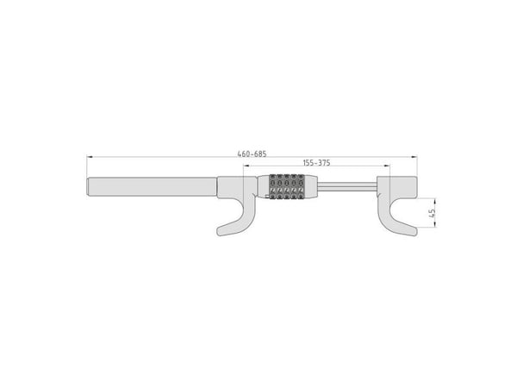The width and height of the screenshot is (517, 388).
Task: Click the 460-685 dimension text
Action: pyautogui.click(x=252, y=153)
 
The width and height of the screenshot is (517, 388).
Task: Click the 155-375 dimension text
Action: pyautogui.click(x=316, y=163)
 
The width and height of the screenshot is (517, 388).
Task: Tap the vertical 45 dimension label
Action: pyautogui.click(x=433, y=213)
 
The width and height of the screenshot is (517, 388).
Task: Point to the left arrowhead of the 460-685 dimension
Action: pyautogui.click(x=89, y=157)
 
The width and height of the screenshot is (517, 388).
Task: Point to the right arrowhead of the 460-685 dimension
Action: pyautogui.click(x=414, y=157)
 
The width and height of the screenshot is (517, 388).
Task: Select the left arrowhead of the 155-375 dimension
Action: pyautogui.click(x=246, y=166)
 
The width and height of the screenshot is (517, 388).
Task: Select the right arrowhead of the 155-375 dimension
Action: pyautogui.click(x=388, y=166)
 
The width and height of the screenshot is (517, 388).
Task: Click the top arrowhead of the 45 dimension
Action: pyautogui.click(x=435, y=201)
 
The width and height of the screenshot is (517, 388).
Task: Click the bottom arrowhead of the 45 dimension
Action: pyautogui.click(x=435, y=225)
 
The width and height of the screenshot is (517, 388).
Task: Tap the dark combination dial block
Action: pyautogui.click(x=287, y=187)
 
